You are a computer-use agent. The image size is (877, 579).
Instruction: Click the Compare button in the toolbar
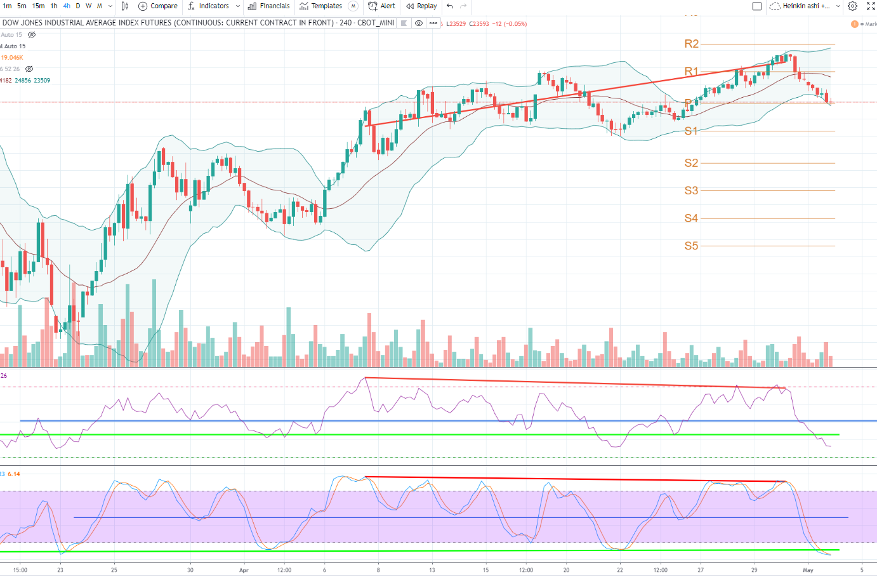point(158,6)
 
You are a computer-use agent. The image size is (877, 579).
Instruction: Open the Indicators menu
point(209,6)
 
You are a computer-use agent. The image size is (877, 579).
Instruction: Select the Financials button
point(269,6)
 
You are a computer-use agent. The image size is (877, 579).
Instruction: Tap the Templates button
point(321,6)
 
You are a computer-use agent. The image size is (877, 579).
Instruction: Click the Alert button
point(382,6)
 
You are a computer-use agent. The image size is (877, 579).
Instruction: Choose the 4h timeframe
point(67,6)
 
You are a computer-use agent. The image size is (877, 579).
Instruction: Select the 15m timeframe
point(38,6)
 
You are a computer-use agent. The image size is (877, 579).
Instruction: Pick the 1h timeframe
point(54,6)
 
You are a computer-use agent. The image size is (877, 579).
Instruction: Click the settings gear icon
point(853,6)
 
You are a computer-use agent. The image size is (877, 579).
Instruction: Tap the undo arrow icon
point(450,6)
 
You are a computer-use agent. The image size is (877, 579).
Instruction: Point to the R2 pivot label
point(691,44)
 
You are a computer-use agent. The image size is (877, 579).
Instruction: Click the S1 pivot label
point(691,131)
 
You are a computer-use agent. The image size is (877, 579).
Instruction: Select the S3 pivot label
point(691,190)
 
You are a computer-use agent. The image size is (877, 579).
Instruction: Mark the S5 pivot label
point(691,246)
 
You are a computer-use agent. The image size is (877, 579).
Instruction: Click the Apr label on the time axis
point(244,570)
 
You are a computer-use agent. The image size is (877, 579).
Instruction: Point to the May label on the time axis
point(808,570)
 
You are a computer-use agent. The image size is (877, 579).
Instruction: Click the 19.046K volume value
point(12,58)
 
